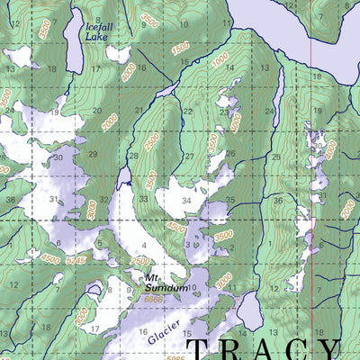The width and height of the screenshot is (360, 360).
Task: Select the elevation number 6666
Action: tap(154, 299)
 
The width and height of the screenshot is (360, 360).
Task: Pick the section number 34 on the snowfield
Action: tap(186, 201)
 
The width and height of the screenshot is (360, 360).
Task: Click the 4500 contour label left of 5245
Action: tap(50, 260)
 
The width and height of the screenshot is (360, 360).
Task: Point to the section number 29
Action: tap(93, 156)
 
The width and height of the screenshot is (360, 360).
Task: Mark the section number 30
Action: tap(56, 157)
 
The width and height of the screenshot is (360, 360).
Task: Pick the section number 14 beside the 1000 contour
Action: tap(230, 67)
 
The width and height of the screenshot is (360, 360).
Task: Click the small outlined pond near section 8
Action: tap(94, 290)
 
